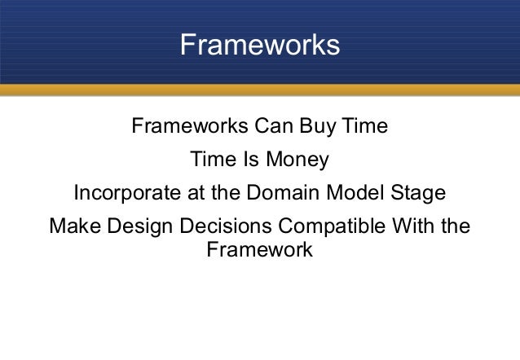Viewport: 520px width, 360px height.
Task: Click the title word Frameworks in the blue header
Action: coord(259,46)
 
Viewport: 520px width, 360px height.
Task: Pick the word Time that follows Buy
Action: coord(364,128)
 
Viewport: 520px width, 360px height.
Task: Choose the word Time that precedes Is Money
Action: coord(212,160)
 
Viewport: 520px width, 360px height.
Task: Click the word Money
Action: coord(298,160)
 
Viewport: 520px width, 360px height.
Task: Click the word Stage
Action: coord(417,194)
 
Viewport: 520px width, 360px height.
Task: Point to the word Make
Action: coord(73,226)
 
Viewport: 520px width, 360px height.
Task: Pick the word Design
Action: coord(136,226)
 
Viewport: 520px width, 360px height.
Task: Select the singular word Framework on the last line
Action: coord(259,249)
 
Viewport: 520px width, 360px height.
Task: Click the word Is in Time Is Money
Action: coord(250,160)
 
